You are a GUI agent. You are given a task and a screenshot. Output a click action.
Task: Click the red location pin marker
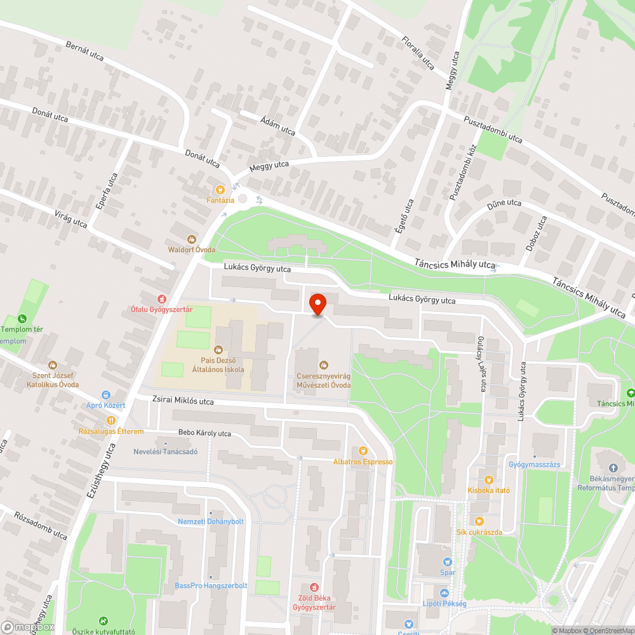coord(317,304)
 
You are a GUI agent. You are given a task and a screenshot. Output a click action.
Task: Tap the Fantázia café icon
coord(220,189)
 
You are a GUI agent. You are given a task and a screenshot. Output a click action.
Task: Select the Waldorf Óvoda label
coord(191,249)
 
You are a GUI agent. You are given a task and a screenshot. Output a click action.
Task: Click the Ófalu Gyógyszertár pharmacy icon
coord(161,298)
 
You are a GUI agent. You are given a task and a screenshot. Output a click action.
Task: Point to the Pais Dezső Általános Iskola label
coord(218,364)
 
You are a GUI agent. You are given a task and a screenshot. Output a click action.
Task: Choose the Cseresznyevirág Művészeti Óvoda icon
coord(324,364)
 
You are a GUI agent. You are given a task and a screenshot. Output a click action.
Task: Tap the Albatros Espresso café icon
coord(363,451)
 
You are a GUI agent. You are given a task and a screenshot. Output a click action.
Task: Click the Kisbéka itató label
coord(488,490)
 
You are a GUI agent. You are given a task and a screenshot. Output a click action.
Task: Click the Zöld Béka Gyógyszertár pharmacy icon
coord(313,588)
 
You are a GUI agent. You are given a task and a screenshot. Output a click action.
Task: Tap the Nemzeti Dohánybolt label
coord(211,521)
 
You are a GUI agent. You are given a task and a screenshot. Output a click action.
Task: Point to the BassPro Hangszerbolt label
coord(211,585)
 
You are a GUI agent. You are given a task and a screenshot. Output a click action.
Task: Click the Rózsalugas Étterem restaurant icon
coord(111,420)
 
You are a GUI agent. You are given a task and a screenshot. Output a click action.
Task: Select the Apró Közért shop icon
coord(105,394)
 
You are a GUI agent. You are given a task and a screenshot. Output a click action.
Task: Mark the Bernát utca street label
coord(84,51)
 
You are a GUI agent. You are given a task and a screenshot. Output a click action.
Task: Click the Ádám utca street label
coord(277,126)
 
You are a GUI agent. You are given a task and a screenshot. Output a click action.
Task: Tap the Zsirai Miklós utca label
coord(183,401)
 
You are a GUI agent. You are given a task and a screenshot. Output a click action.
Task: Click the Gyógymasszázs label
coord(534,465)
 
